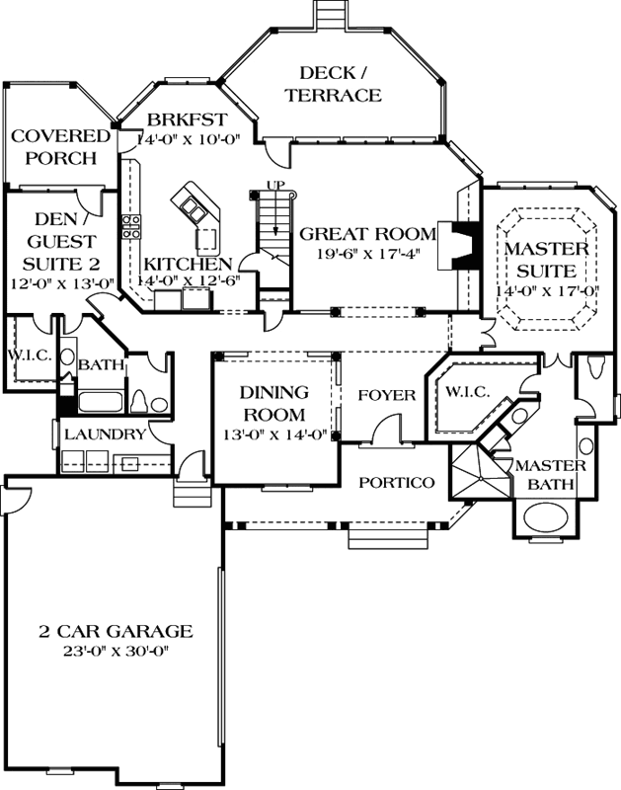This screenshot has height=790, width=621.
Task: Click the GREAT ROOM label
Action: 367,234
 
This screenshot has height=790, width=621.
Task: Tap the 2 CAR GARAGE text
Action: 116,631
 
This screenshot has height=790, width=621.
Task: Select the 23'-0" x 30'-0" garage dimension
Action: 116,652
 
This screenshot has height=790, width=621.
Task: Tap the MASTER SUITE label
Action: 546,259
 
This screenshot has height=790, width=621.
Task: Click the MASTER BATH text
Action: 552,474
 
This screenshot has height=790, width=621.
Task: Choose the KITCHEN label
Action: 189,264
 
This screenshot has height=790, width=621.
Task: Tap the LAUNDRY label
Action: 106,434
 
